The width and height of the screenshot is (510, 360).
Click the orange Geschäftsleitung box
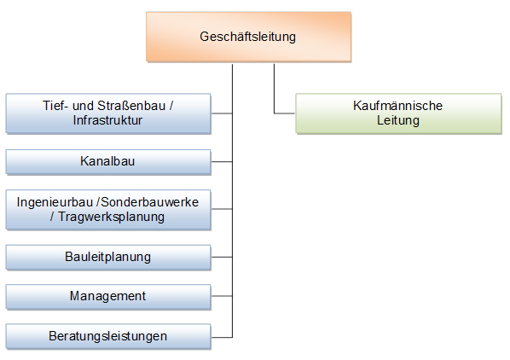(x=248, y=37)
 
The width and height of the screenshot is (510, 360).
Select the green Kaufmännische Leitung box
(x=398, y=113)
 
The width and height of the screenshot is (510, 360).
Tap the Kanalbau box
(x=108, y=162)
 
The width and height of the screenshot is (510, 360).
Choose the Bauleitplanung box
(x=108, y=258)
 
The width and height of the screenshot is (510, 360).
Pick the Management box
(x=108, y=297)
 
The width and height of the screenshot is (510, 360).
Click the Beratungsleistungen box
(x=108, y=337)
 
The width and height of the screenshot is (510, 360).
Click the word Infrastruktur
(x=107, y=120)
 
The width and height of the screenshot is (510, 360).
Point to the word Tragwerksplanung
(x=111, y=217)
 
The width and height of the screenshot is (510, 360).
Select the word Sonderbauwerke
(x=149, y=202)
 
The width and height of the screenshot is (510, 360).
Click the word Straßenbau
(x=131, y=106)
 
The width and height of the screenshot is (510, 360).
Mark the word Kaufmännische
(x=397, y=106)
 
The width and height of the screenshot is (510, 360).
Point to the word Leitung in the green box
(x=398, y=120)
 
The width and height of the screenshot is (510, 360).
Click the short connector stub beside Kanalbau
(x=222, y=161)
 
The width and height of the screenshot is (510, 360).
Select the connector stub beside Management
(x=222, y=296)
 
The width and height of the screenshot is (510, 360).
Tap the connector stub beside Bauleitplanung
(x=222, y=257)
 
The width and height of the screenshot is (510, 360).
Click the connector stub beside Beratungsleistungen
(x=222, y=337)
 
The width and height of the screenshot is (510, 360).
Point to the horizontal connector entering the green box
(x=285, y=113)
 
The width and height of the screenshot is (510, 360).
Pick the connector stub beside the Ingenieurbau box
(x=222, y=209)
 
